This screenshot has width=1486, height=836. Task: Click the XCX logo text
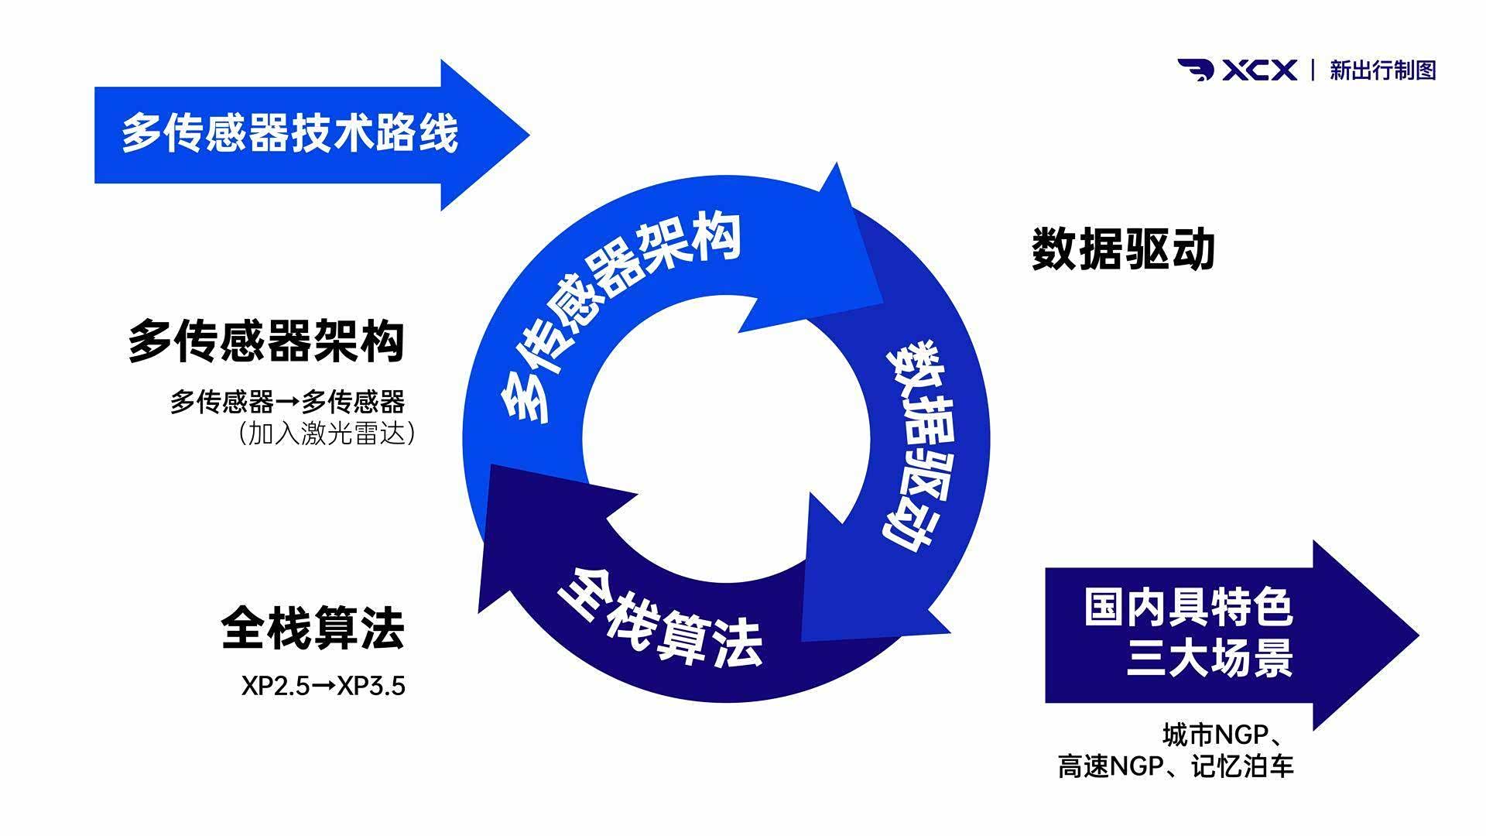[1259, 70]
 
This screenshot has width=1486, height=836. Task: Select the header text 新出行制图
[1382, 70]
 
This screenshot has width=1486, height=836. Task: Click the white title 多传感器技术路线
[290, 133]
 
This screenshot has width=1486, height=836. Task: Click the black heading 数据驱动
[1123, 250]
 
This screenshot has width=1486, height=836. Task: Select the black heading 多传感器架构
[266, 341]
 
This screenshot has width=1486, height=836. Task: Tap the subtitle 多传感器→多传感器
[288, 403]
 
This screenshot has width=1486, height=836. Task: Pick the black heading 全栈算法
[313, 629]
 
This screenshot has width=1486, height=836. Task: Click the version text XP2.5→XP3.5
[324, 686]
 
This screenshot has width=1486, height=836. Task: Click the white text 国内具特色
[1188, 608]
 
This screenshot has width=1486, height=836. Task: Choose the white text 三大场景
[1210, 658]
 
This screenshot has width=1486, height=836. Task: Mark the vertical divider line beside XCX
[1313, 70]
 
